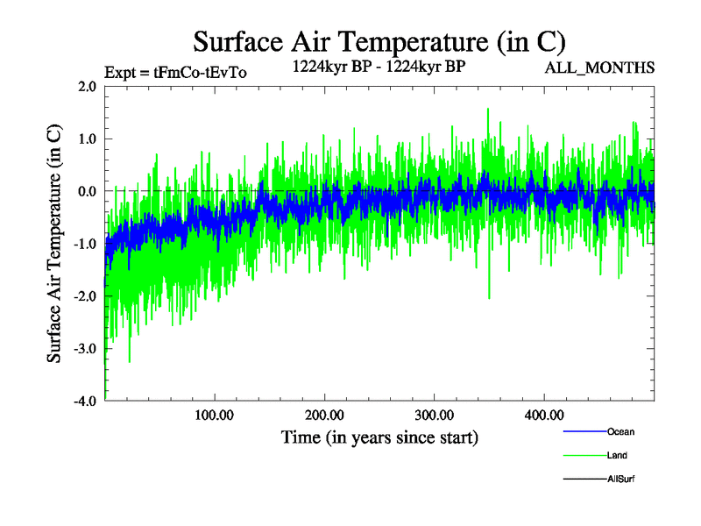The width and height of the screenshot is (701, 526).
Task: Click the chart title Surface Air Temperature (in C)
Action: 379,41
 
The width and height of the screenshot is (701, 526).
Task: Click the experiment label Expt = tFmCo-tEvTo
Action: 175,73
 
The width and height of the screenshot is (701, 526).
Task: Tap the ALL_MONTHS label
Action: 599,68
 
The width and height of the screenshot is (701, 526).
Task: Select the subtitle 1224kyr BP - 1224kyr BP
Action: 379,67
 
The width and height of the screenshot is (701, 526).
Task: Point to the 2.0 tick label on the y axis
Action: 87,86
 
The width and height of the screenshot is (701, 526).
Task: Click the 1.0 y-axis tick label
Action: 87,139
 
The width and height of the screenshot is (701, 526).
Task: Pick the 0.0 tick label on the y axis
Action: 87,191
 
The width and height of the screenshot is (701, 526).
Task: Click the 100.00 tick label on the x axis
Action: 214,415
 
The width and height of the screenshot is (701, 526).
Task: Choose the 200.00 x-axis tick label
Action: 324,415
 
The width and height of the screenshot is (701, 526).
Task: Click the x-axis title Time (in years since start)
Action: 379,437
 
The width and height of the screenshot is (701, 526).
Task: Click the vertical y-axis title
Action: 54,244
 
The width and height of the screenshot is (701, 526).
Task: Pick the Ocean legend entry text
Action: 620,431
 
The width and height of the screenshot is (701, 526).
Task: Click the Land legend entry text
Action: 617,455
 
